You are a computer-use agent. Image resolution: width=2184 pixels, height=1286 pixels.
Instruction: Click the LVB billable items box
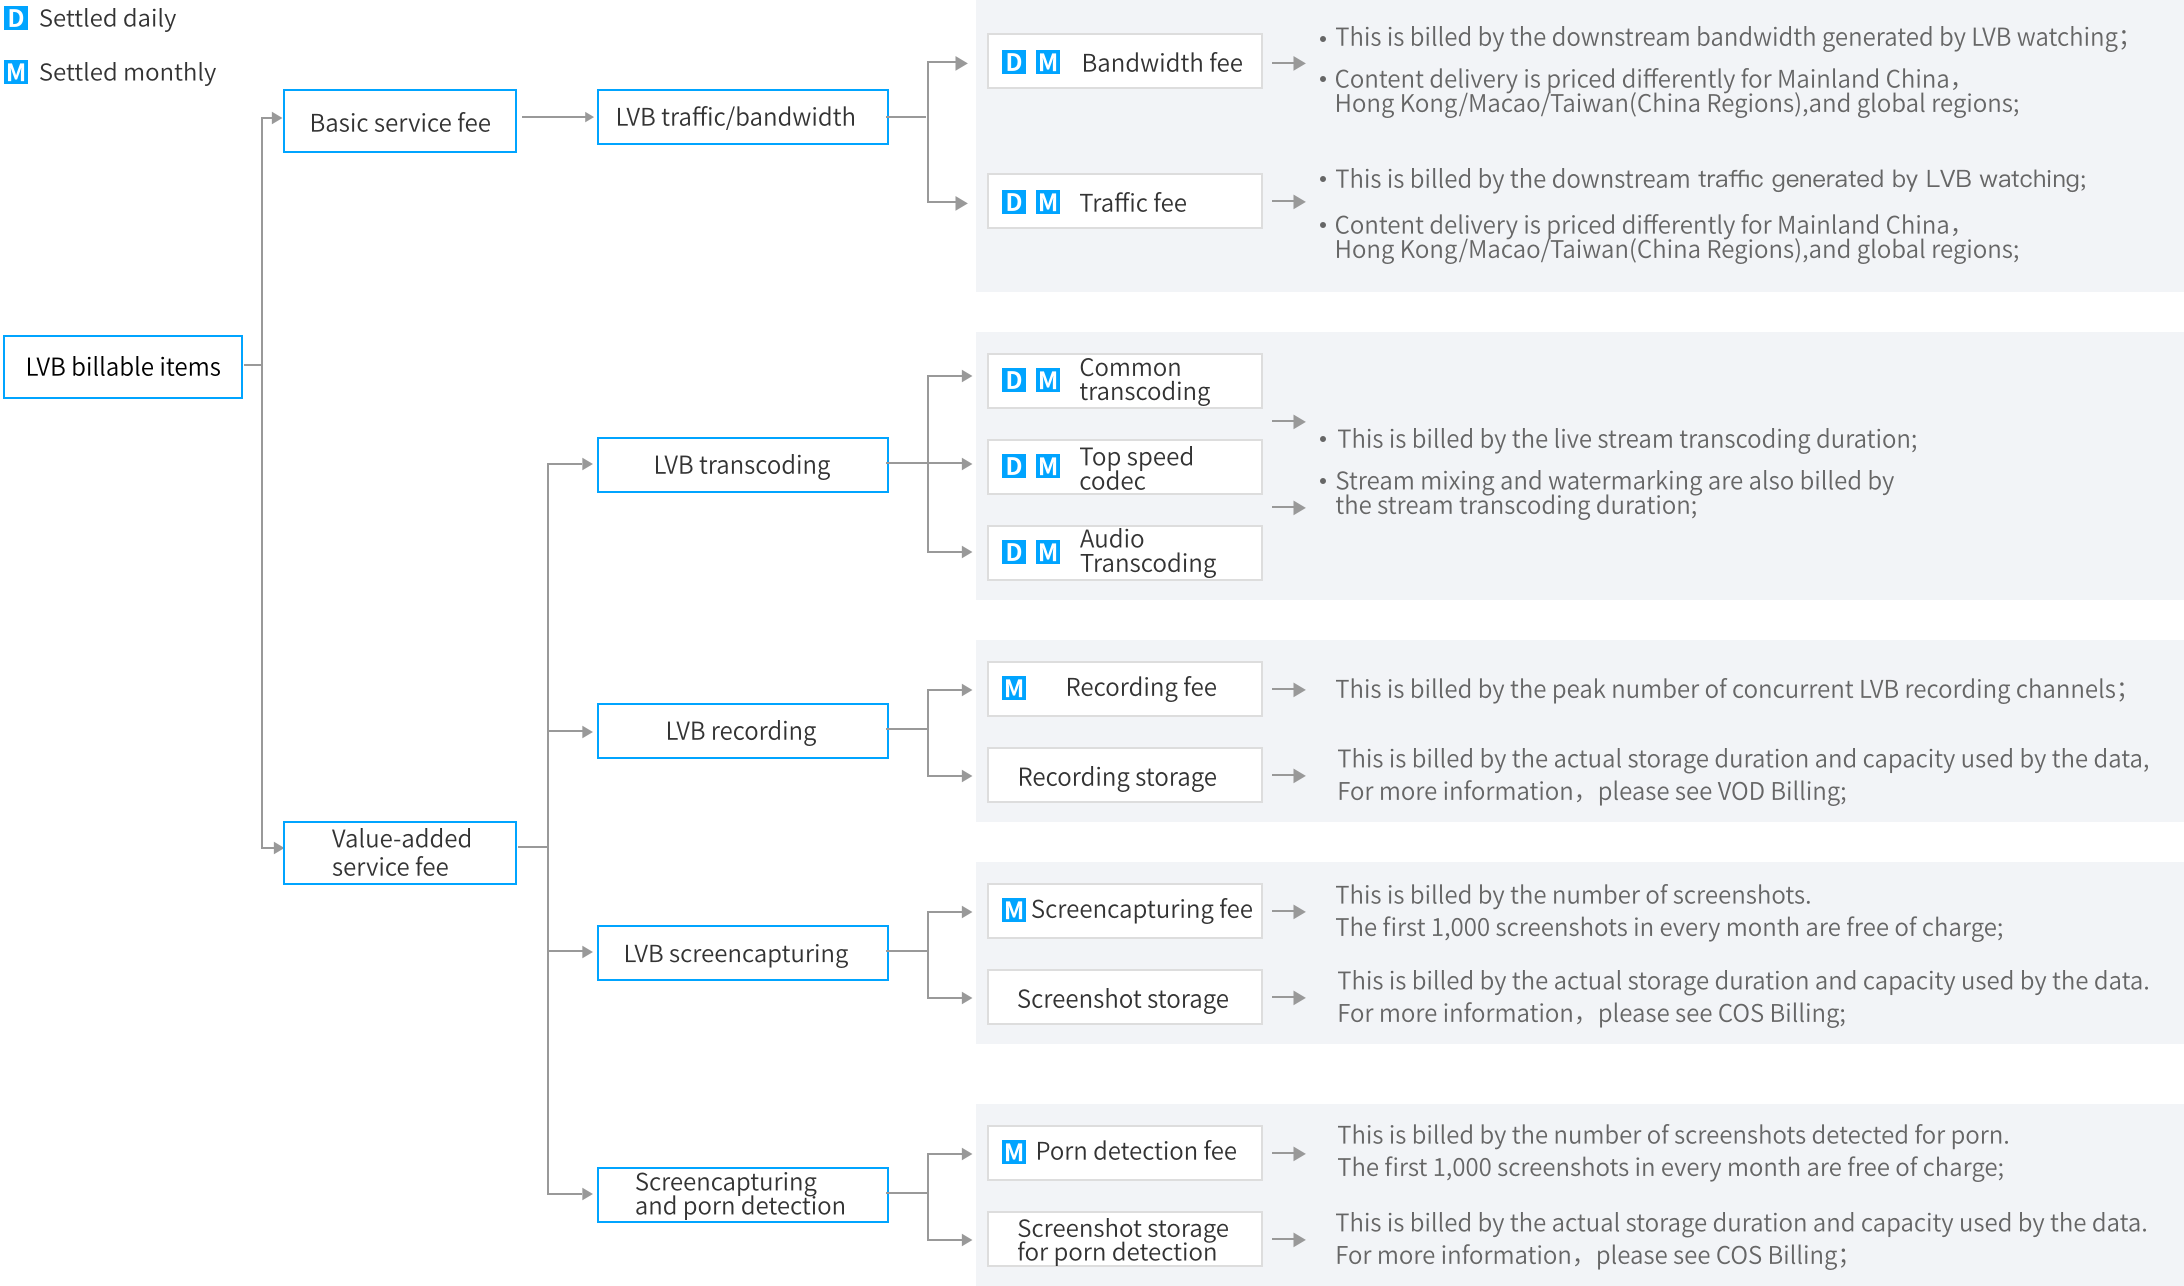pos(123,367)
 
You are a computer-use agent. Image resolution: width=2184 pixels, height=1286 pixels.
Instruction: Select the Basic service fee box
pos(400,121)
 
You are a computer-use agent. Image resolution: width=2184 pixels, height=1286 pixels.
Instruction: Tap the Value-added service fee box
pos(400,853)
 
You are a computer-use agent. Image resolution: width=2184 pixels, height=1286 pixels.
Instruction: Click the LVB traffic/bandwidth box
pos(743,117)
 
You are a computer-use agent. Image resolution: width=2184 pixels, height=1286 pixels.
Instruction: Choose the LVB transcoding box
pos(743,465)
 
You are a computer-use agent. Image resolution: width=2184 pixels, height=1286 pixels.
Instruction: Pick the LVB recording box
pos(743,731)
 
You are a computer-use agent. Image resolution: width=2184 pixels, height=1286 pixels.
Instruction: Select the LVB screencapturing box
pos(743,953)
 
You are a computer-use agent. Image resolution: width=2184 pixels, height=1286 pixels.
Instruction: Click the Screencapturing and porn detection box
pos(743,1195)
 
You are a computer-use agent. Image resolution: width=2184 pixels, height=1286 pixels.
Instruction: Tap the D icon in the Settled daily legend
pos(16,18)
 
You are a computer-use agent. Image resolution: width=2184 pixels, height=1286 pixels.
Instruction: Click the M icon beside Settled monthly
pos(16,72)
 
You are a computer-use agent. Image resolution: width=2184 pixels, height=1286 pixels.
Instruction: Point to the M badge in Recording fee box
pos(1014,688)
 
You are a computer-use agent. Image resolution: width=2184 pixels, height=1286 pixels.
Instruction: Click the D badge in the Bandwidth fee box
pos(1014,62)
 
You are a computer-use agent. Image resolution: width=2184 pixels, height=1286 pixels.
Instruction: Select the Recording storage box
pos(1125,775)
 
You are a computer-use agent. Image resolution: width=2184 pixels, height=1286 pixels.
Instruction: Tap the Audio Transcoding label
pos(1148,551)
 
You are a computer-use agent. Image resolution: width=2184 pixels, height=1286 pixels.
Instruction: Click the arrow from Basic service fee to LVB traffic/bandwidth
pos(557,117)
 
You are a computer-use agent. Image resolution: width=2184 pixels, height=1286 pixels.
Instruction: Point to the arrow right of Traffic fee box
pos(1289,202)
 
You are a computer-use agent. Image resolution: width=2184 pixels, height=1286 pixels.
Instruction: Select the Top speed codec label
pos(1136,468)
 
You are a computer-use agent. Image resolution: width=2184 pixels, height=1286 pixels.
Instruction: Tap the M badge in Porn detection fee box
pos(1014,1152)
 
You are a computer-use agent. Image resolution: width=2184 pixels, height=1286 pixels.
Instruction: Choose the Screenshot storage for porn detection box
pos(1125,1239)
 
